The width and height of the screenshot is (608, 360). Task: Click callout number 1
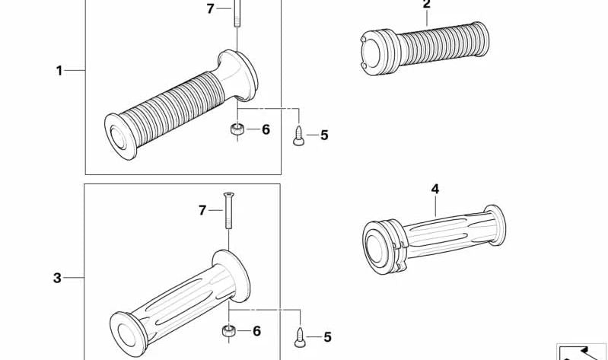[59, 71]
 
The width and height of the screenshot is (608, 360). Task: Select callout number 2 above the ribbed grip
[427, 5]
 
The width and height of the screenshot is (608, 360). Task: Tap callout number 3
[57, 278]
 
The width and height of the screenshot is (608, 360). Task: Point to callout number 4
[435, 190]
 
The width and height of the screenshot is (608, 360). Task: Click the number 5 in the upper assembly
[324, 135]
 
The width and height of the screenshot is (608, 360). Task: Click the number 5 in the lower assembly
[328, 337]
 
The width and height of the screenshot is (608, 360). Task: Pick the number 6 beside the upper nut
[266, 129]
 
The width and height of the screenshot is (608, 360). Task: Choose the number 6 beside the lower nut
[256, 331]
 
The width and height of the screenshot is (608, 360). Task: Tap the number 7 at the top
[210, 8]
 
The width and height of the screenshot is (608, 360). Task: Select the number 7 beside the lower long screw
[202, 210]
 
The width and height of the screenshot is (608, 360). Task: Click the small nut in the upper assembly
[237, 129]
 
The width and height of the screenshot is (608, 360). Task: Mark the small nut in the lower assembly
[229, 331]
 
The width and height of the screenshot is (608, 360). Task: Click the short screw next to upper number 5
[298, 135]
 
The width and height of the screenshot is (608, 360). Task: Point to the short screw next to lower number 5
[300, 337]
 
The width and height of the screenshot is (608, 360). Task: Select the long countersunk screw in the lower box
[229, 210]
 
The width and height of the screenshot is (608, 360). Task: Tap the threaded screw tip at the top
[237, 13]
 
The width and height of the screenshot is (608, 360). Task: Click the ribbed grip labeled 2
[425, 49]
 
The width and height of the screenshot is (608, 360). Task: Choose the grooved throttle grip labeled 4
[434, 239]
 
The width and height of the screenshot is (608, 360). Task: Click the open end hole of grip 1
[118, 137]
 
